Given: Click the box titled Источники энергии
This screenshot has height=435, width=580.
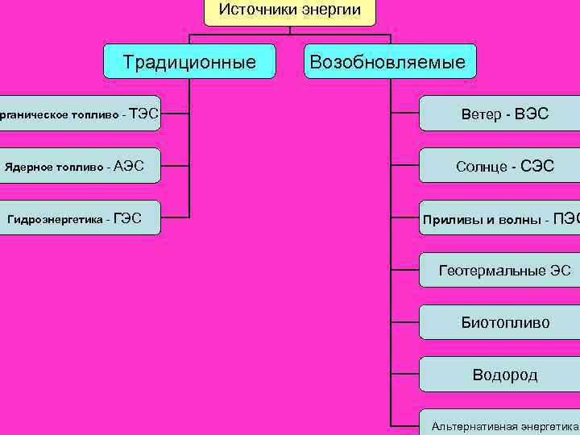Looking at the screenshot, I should coord(290,11).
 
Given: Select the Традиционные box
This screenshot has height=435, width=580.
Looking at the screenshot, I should coord(189,61).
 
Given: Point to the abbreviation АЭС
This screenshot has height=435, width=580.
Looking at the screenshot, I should coord(129,166).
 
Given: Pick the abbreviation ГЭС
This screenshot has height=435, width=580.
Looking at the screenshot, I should coord(128,217).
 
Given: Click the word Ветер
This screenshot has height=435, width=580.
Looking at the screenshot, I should coord(480,114).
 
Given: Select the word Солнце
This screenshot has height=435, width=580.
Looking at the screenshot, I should coord(481,167).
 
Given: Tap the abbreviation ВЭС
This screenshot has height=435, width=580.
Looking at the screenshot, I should coord(532,114).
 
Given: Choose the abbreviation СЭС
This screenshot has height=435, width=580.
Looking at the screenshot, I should coord(537,167).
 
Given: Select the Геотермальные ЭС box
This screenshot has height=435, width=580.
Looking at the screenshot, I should coord(499,271).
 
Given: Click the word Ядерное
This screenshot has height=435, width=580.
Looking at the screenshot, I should coord(28,167).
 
